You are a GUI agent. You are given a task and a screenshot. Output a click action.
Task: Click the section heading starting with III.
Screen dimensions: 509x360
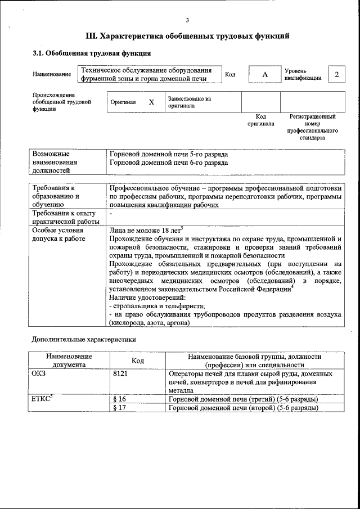(x=187, y=37)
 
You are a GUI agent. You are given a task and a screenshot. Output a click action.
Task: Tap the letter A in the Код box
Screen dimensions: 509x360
(x=264, y=75)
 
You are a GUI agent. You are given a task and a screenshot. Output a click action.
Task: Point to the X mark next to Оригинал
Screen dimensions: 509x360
(x=151, y=102)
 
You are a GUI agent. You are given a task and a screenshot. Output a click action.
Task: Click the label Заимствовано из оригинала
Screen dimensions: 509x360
(x=189, y=102)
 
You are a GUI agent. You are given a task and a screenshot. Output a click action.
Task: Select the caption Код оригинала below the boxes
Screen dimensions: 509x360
(x=260, y=120)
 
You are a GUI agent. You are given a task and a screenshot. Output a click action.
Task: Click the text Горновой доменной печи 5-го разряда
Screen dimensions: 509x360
(x=169, y=154)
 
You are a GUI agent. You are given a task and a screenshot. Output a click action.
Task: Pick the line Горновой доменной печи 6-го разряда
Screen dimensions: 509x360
(x=169, y=163)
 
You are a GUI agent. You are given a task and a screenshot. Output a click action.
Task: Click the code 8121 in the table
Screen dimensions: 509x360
(x=121, y=373)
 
